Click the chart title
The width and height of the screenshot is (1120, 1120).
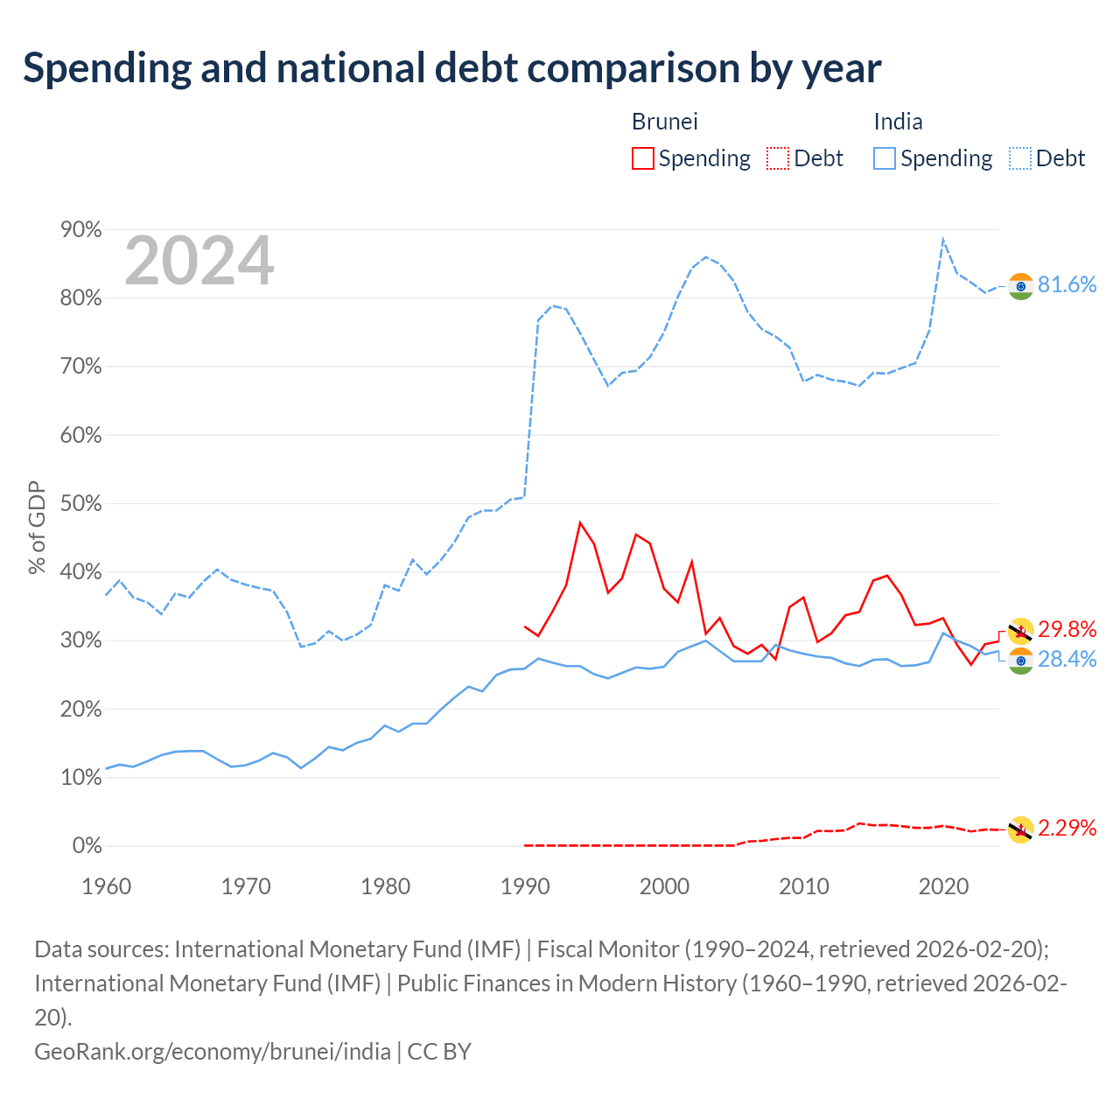tap(451, 68)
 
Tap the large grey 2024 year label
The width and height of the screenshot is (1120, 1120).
tap(199, 261)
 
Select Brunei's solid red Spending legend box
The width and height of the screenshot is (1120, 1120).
tap(642, 158)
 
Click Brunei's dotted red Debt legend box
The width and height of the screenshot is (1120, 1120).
tap(777, 158)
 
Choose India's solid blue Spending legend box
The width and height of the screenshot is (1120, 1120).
tap(884, 158)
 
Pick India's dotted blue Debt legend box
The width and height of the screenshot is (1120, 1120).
tap(1019, 158)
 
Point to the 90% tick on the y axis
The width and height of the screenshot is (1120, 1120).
tap(80, 229)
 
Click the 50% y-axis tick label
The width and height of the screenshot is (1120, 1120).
tap(80, 503)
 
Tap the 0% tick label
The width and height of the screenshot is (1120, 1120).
tap(87, 845)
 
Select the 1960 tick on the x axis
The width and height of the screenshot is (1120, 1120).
tap(107, 886)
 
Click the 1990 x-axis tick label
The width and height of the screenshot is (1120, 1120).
tap(525, 886)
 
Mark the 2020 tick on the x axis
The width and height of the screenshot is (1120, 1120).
tap(943, 886)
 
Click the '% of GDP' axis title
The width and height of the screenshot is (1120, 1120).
tap(37, 527)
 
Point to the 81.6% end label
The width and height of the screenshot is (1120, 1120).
tap(1067, 284)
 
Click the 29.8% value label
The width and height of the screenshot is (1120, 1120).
tap(1067, 629)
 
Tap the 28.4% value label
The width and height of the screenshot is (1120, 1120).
tap(1067, 659)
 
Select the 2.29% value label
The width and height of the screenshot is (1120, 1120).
tap(1067, 828)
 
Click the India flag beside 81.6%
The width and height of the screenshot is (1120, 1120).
tap(1020, 286)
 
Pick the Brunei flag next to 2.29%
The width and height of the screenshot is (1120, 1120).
tap(1020, 829)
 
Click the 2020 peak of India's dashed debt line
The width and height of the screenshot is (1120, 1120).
tap(942, 239)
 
